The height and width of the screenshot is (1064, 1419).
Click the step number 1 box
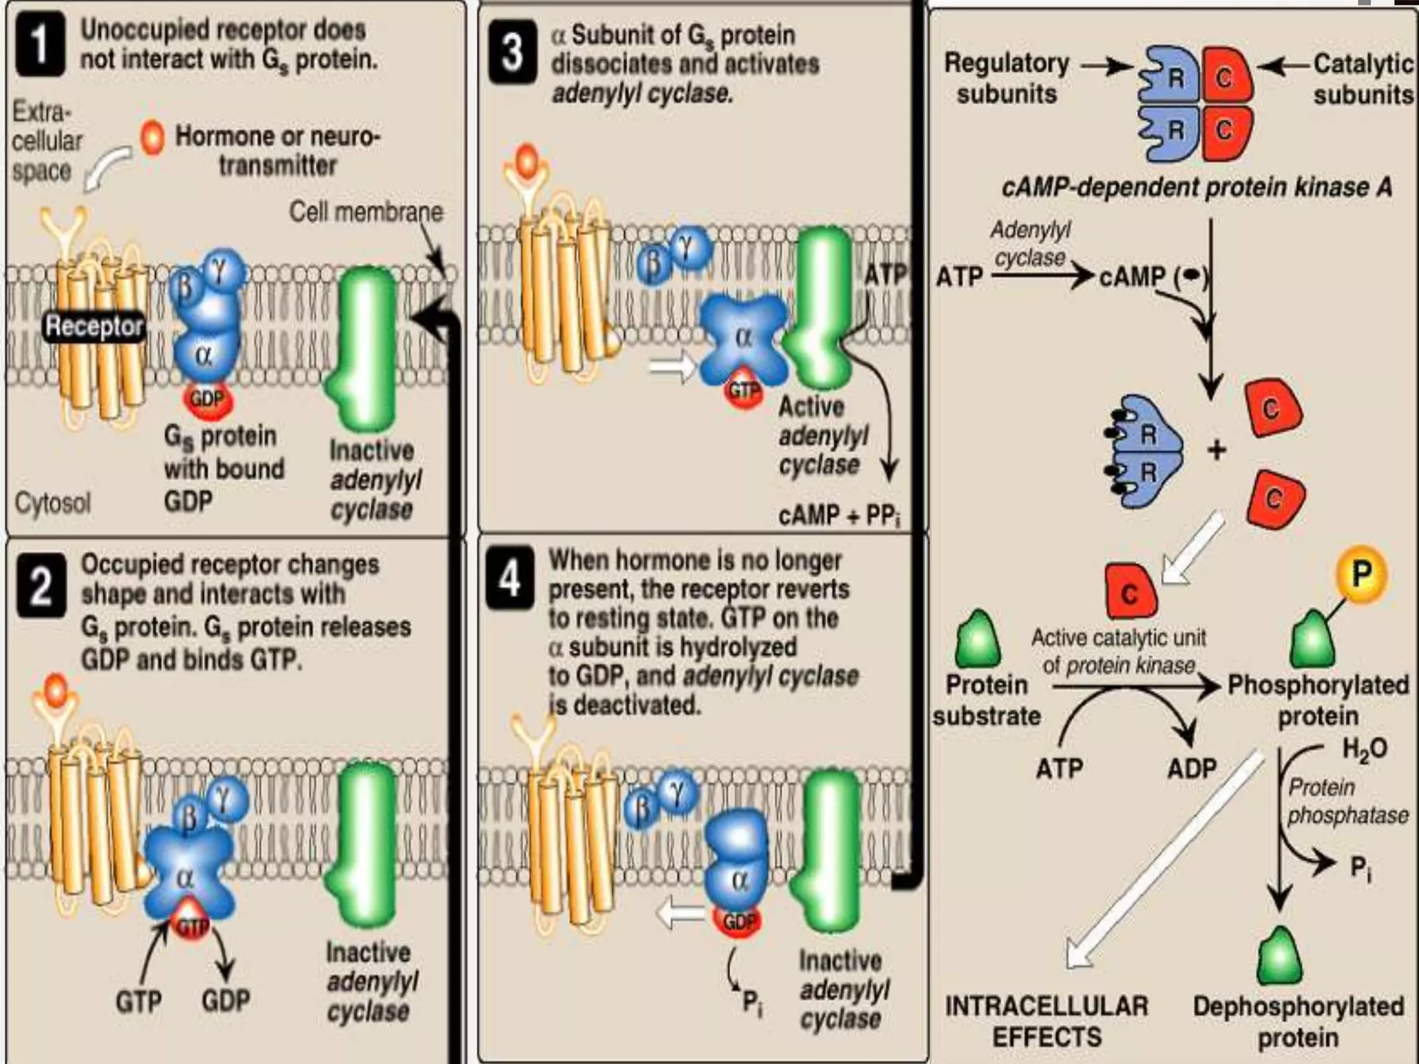tap(39, 45)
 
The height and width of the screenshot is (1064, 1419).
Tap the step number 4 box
tap(510, 578)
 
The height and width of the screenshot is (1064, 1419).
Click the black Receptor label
tap(94, 326)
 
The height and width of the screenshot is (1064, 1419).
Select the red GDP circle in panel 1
tap(207, 400)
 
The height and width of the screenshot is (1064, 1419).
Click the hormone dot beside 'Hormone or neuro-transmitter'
tap(152, 137)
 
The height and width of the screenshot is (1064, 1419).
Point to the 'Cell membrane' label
tap(366, 212)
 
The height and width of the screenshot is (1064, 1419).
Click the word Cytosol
tap(53, 503)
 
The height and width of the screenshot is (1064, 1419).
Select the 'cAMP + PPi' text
tap(838, 516)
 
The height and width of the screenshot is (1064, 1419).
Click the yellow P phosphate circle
tap(1361, 574)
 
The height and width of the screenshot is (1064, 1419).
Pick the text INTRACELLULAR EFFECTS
tap(1046, 1022)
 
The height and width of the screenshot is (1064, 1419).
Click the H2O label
tap(1364, 749)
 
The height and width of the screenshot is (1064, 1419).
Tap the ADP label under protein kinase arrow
tap(1191, 768)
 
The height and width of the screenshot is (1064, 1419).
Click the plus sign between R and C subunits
tap(1217, 450)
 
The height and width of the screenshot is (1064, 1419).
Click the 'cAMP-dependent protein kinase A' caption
tap(1197, 188)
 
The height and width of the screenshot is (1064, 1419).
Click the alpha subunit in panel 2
tap(184, 878)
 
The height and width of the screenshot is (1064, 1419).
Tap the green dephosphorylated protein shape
tap(1279, 957)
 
